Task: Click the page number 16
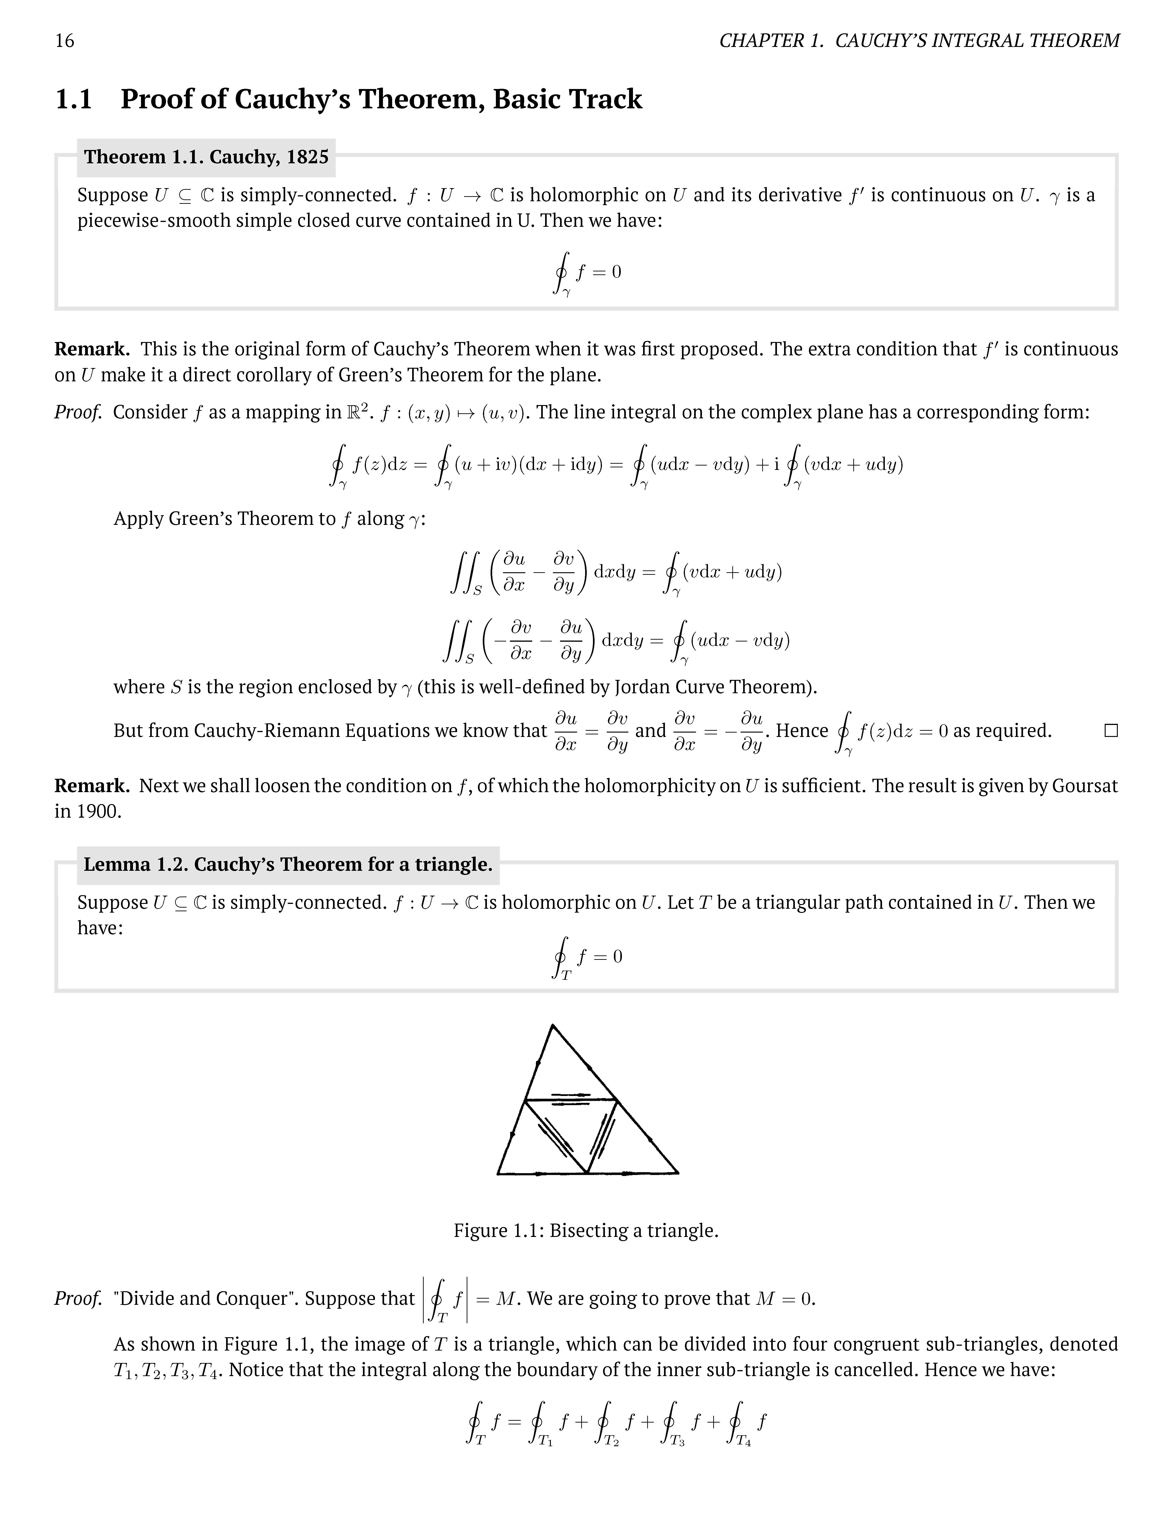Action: (65, 41)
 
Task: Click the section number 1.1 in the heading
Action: (74, 99)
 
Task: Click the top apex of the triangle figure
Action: (552, 1025)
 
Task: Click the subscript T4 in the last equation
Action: (744, 1442)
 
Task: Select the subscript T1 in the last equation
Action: (546, 1442)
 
